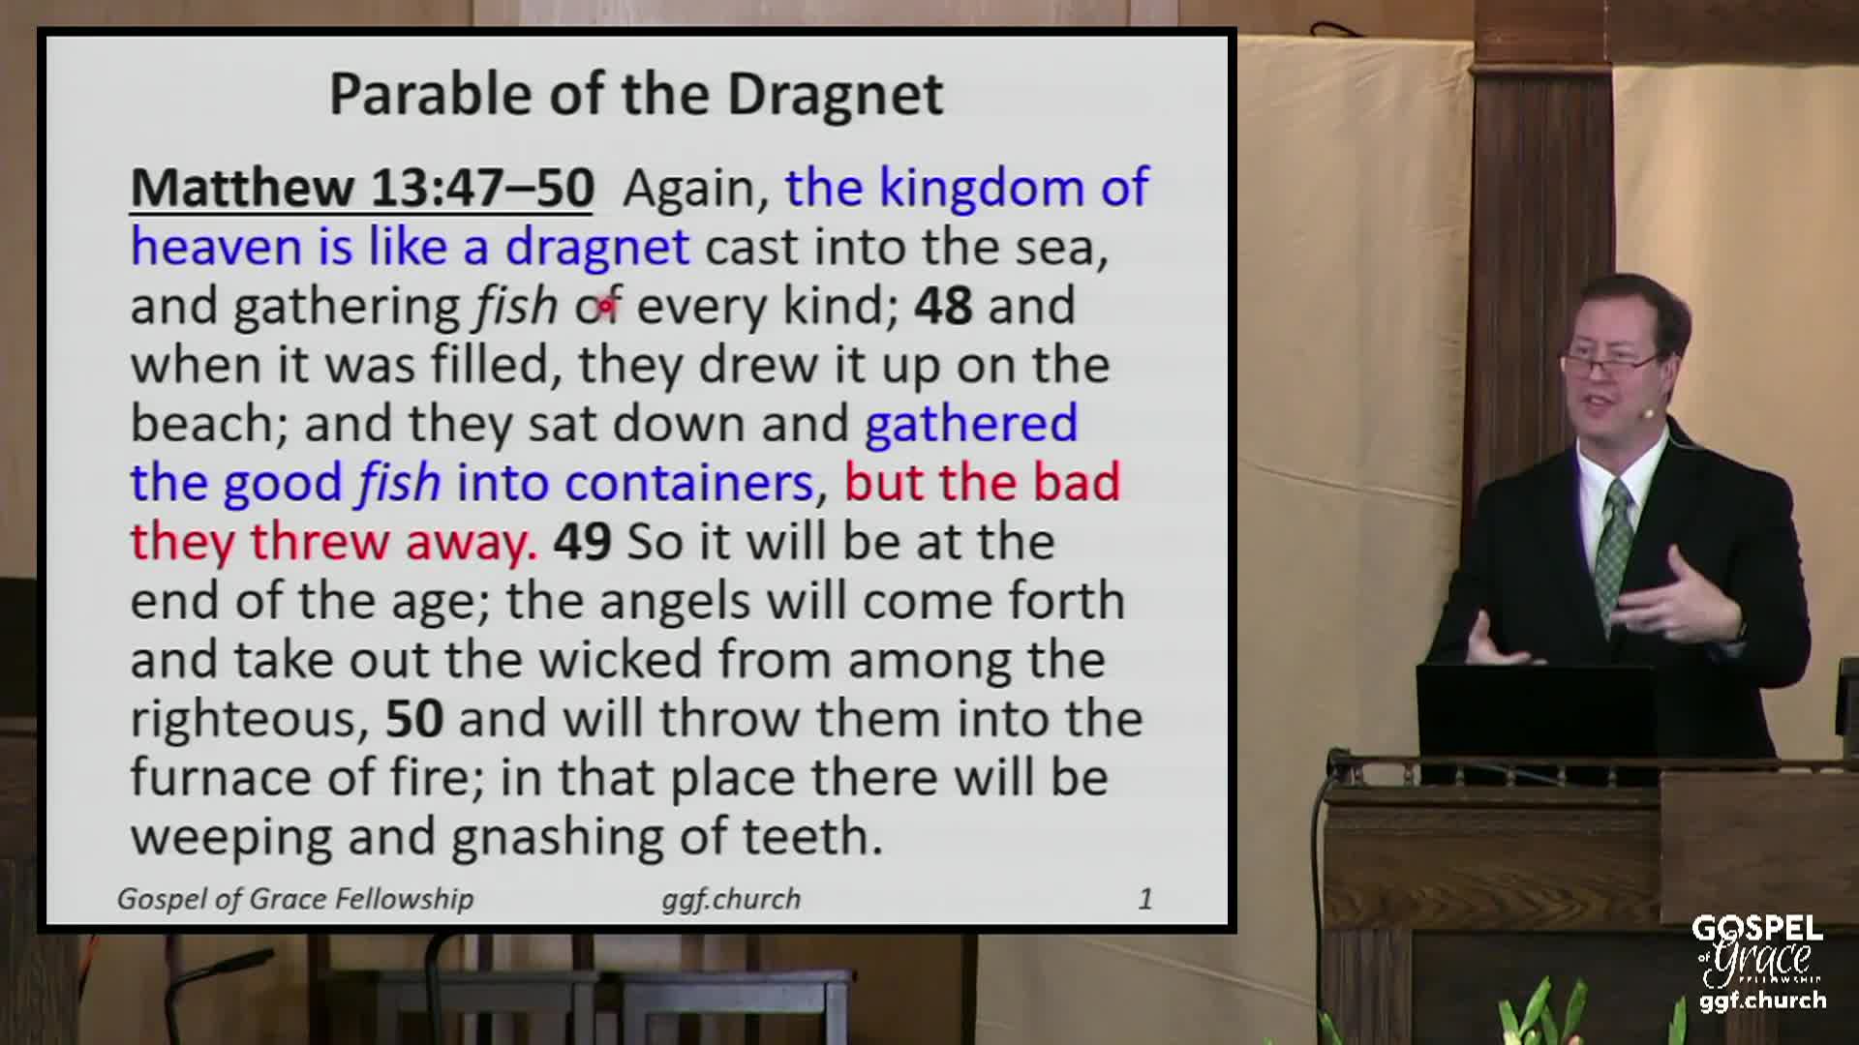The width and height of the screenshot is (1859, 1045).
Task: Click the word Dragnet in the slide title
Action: pos(835,95)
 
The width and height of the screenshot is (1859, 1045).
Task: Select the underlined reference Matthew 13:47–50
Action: pos(362,188)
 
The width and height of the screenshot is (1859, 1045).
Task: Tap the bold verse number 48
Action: pos(943,306)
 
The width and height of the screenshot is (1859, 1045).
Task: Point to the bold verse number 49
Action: pos(582,542)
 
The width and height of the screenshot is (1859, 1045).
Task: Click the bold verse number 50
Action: pos(414,719)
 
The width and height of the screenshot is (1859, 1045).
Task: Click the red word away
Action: pos(471,542)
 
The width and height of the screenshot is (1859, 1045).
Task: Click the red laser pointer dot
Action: pos(606,306)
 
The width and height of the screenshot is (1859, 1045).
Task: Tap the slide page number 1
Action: pos(1145,899)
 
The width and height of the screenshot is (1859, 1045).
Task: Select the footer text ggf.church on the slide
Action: pos(731,899)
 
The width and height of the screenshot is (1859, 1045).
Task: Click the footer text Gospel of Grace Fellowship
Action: pos(295,899)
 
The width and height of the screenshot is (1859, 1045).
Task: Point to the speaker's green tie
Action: pos(1615,552)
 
